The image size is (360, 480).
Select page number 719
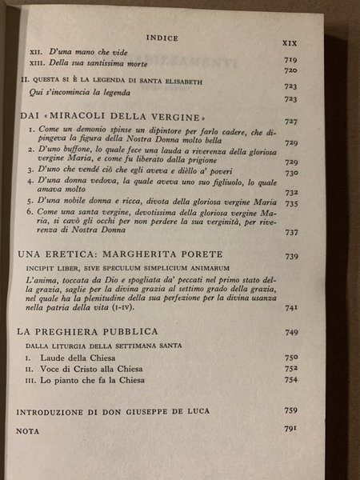pos(292,60)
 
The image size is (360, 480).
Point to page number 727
pos(291,121)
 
